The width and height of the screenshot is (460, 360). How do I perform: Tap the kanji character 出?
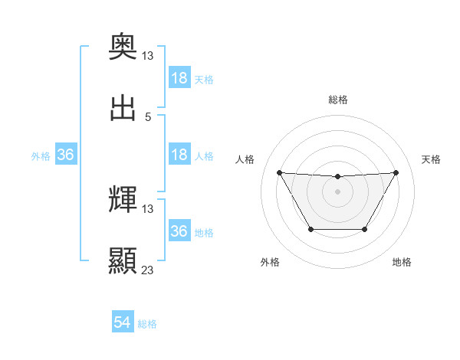(123, 109)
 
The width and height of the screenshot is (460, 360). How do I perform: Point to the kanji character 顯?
(123, 261)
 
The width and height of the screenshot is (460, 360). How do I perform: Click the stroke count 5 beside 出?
(148, 116)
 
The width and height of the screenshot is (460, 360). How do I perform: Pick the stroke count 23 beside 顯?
(148, 270)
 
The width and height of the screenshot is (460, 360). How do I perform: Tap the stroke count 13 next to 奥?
(148, 56)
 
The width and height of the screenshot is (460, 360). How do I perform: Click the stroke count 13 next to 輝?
(148, 208)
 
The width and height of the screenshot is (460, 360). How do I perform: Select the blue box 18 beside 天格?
(179, 79)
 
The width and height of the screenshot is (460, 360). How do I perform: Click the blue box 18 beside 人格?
(179, 155)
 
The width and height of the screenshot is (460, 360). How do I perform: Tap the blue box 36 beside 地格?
(179, 231)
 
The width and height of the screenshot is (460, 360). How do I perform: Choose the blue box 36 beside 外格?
(65, 155)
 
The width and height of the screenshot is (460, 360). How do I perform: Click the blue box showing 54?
(123, 322)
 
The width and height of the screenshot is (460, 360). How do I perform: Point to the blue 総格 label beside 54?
(147, 324)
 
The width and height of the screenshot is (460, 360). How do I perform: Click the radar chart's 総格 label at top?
(337, 100)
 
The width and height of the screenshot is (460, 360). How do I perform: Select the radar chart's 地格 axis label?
(402, 262)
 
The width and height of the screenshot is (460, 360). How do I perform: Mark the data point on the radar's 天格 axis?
(396, 172)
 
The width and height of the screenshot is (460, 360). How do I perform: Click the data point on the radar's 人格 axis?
(279, 172)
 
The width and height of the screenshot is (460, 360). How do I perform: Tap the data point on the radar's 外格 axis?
(310, 229)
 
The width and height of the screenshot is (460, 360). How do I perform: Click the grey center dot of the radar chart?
(337, 191)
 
